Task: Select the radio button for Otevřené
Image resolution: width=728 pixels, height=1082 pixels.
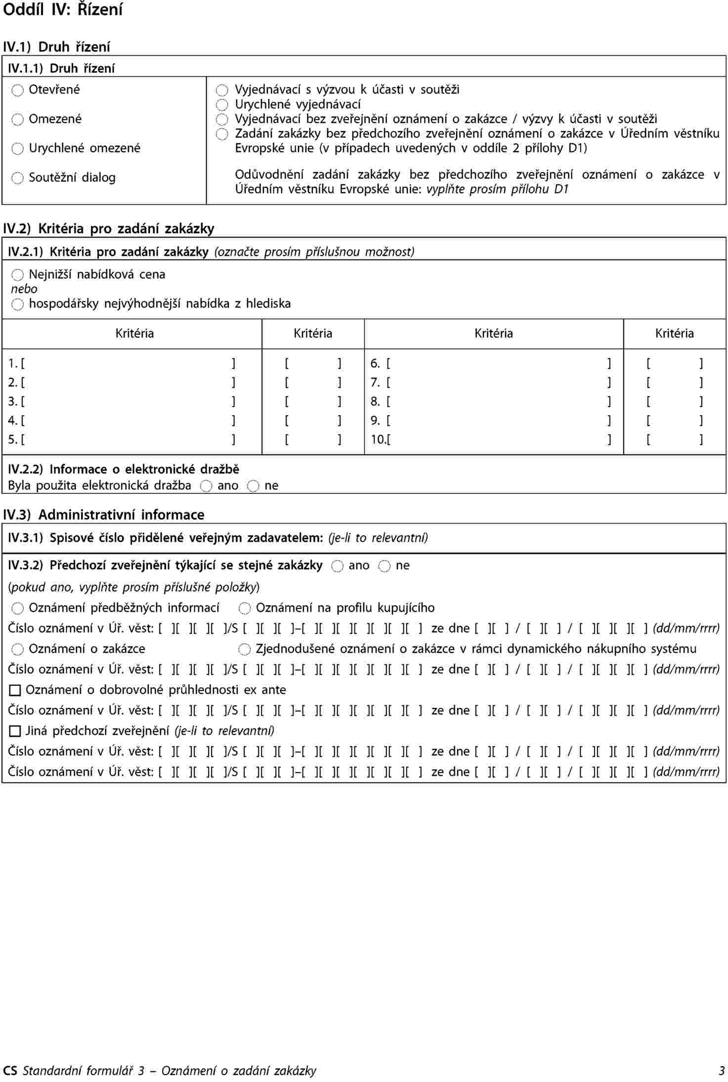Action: (x=18, y=90)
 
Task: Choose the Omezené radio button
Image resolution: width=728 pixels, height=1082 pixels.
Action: (x=18, y=119)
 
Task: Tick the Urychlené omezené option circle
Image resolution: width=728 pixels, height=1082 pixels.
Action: (x=18, y=148)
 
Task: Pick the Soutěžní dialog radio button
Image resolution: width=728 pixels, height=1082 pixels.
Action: (x=18, y=178)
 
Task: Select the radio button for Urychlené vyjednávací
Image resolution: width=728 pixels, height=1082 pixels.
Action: (x=222, y=105)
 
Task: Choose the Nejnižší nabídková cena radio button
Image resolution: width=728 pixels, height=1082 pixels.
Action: (x=18, y=275)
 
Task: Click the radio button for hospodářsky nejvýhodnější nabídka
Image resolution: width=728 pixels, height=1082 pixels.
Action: (x=18, y=304)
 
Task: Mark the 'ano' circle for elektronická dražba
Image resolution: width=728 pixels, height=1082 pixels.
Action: (x=206, y=486)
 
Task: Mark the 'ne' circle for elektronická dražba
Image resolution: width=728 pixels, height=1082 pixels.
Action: (x=253, y=486)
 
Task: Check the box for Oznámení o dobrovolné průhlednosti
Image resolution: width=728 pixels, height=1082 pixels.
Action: (x=15, y=690)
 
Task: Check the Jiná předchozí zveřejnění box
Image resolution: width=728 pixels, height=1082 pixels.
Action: (x=15, y=731)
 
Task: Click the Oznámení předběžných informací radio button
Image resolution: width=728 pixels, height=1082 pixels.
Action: (x=18, y=608)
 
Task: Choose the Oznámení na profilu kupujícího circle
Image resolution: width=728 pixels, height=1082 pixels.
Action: (x=245, y=608)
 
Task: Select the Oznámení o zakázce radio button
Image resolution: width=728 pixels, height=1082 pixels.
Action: (x=18, y=649)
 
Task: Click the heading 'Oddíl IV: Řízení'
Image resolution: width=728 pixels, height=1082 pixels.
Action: (x=63, y=10)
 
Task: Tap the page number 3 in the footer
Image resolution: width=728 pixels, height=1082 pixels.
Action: (x=722, y=1071)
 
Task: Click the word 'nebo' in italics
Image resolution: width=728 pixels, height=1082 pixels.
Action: (x=24, y=289)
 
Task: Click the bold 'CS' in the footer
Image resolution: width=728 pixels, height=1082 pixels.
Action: (x=10, y=1071)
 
